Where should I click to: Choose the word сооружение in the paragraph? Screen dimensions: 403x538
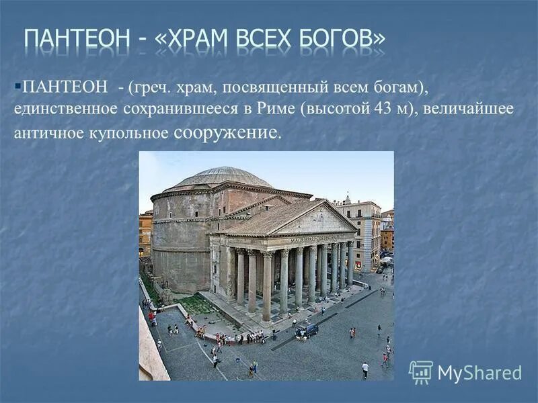click(x=225, y=132)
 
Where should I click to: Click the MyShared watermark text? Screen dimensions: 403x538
click(x=479, y=373)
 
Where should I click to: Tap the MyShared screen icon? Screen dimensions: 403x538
click(x=421, y=372)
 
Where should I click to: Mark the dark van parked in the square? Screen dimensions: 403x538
click(x=307, y=329)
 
